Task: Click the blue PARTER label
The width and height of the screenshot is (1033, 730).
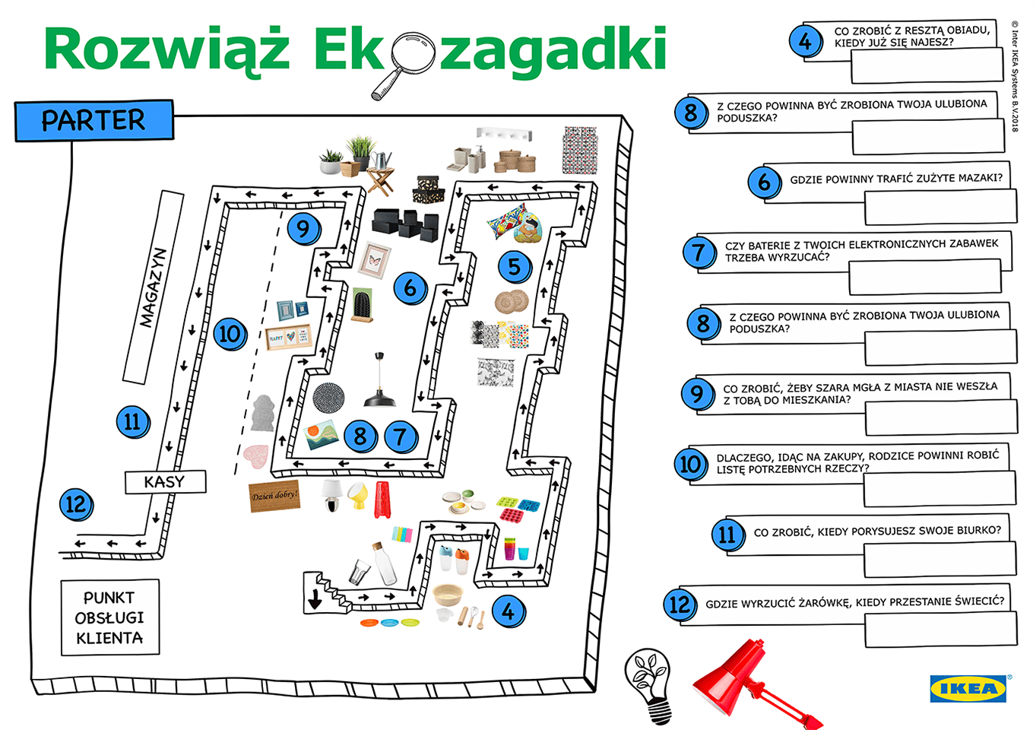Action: point(94,120)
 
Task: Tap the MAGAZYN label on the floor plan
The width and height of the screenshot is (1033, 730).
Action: point(153,287)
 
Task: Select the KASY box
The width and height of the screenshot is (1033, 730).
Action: point(165,481)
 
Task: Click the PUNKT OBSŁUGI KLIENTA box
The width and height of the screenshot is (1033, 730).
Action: point(110,617)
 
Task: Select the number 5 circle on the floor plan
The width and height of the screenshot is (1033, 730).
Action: point(515,266)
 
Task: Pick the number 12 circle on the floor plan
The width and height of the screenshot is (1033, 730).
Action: point(76,504)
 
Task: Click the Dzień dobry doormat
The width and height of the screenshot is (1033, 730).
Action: point(274,496)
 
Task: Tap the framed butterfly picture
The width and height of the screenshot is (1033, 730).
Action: point(374,260)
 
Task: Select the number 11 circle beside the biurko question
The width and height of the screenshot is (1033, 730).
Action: point(727,535)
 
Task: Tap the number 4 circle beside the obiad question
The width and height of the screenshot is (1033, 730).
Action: point(805,41)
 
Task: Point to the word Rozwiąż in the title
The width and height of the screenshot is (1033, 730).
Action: point(166,50)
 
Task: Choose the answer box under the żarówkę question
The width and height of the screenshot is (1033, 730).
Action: point(940,630)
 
